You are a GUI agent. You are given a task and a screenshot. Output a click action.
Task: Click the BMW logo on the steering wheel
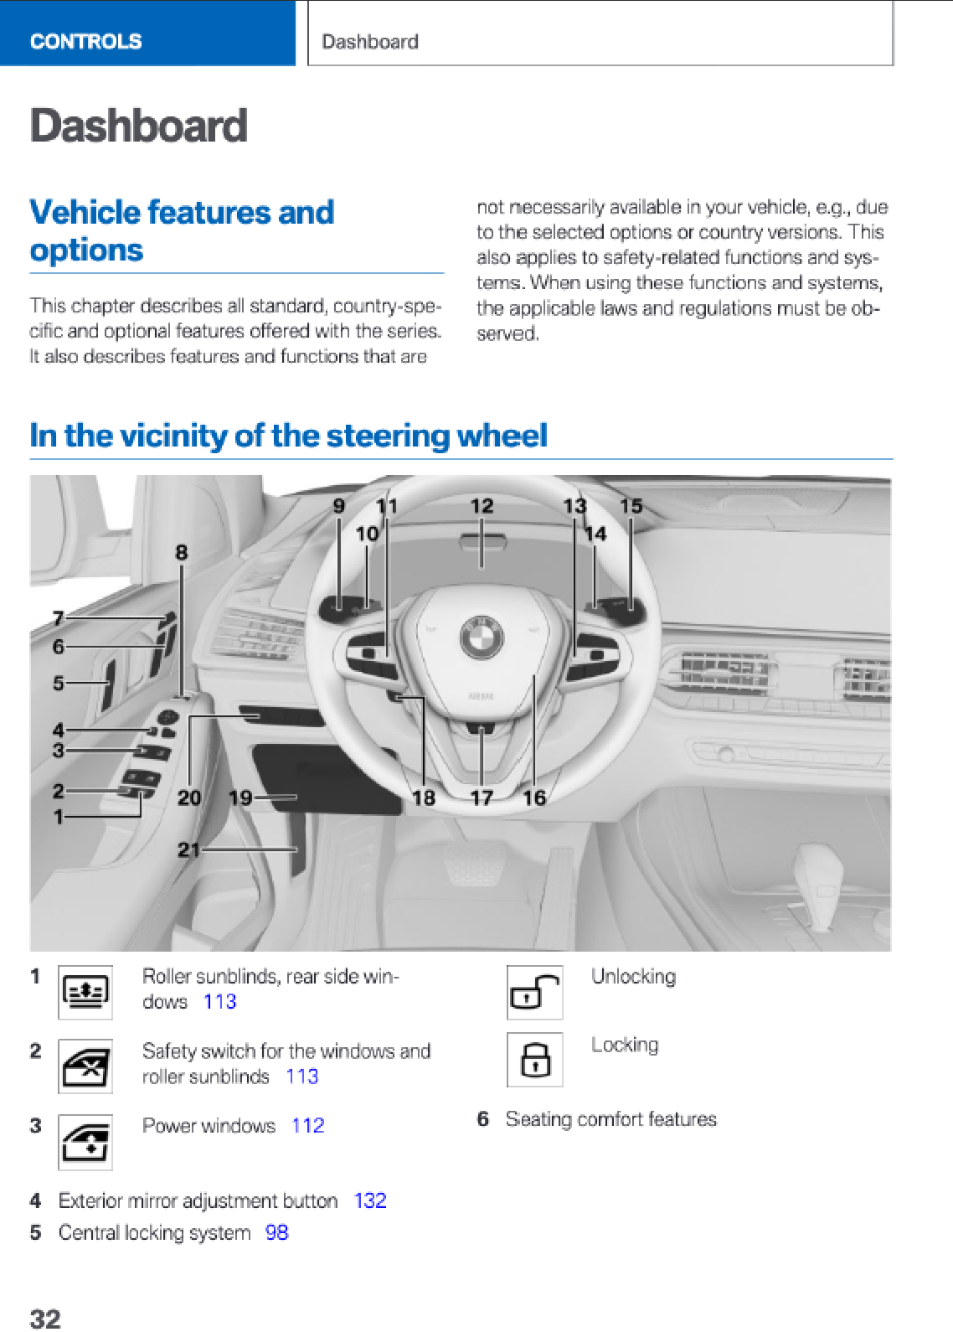pyautogui.click(x=482, y=638)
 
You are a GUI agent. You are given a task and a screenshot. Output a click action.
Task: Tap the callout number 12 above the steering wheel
pyautogui.click(x=482, y=506)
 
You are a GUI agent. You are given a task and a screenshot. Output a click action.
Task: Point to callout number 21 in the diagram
pyautogui.click(x=188, y=849)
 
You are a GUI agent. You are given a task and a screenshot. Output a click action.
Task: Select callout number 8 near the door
pyautogui.click(x=182, y=552)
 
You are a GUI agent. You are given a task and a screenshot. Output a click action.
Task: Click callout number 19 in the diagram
pyautogui.click(x=240, y=798)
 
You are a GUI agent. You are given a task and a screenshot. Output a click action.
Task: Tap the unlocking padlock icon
pyautogui.click(x=534, y=993)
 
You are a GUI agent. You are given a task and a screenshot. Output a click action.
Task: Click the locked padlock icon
pyautogui.click(x=534, y=1060)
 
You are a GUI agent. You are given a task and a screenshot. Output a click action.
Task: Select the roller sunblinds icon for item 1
pyautogui.click(x=85, y=993)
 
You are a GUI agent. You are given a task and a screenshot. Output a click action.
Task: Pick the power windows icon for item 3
pyautogui.click(x=85, y=1142)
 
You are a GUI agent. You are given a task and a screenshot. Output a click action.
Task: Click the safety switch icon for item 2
pyautogui.click(x=85, y=1067)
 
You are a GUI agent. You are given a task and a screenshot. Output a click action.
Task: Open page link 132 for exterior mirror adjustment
pyautogui.click(x=370, y=1200)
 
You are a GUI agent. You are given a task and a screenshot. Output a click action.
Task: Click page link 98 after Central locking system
pyautogui.click(x=276, y=1232)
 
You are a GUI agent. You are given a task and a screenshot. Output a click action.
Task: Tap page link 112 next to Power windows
pyautogui.click(x=307, y=1125)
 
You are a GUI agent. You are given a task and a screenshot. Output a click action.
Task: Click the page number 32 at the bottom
pyautogui.click(x=45, y=1319)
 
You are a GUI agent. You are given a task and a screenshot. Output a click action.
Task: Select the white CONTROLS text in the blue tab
pyautogui.click(x=85, y=41)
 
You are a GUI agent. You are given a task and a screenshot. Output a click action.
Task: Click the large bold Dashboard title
pyautogui.click(x=139, y=126)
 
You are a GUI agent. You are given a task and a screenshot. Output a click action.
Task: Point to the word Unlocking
pyautogui.click(x=633, y=977)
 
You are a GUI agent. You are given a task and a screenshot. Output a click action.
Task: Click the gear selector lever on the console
pyautogui.click(x=821, y=888)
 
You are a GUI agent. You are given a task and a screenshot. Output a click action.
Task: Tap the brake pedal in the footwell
pyautogui.click(x=474, y=863)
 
